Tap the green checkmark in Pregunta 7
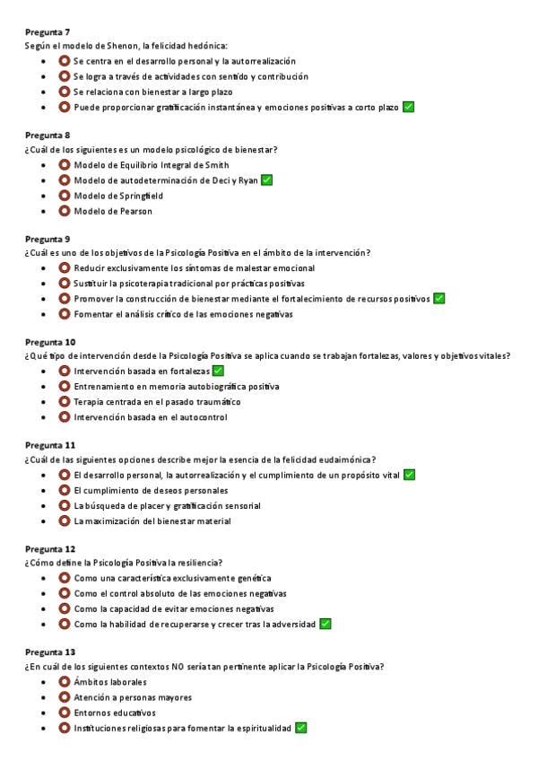point(408,107)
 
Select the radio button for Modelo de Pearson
point(65,211)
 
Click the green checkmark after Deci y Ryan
point(266,179)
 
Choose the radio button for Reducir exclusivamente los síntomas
point(65,267)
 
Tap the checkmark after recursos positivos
point(439,298)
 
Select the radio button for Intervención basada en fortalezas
point(65,371)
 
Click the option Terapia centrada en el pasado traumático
point(157,401)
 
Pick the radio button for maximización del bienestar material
point(65,520)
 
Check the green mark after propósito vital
point(409,474)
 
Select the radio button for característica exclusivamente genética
point(65,578)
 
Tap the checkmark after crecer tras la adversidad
point(325,623)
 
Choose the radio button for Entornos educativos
point(65,713)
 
